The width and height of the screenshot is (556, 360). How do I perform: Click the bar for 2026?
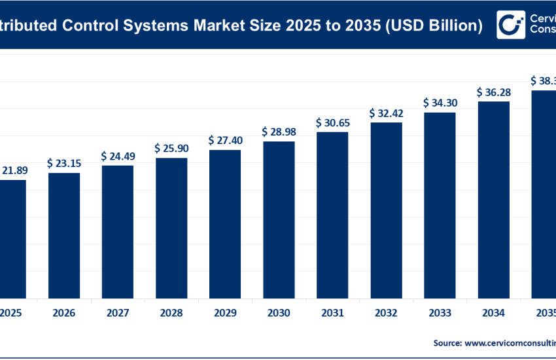click(64, 234)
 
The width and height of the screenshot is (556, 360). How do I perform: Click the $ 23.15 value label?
click(64, 162)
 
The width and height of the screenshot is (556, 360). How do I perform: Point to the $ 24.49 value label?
click(118, 156)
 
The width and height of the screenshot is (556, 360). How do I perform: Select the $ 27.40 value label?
click(225, 140)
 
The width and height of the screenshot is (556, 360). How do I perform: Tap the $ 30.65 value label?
click(332, 122)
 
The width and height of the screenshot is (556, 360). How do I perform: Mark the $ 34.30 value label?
click(440, 103)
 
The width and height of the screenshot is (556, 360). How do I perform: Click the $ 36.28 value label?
click(493, 92)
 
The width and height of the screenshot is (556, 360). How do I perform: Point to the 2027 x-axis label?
click(118, 313)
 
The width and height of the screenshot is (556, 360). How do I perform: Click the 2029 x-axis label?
click(225, 313)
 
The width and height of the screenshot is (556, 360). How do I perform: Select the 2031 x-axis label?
click(332, 313)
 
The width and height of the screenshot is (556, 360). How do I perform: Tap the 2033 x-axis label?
click(440, 313)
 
